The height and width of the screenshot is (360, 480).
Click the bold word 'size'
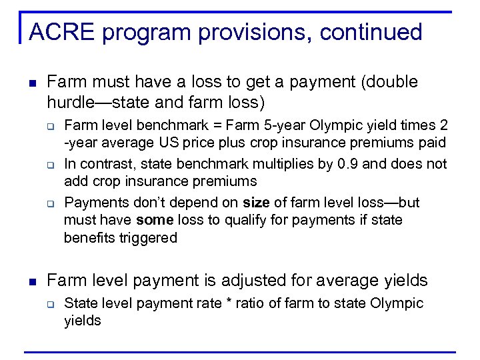coord(257,202)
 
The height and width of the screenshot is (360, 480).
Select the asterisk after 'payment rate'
coord(228,304)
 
